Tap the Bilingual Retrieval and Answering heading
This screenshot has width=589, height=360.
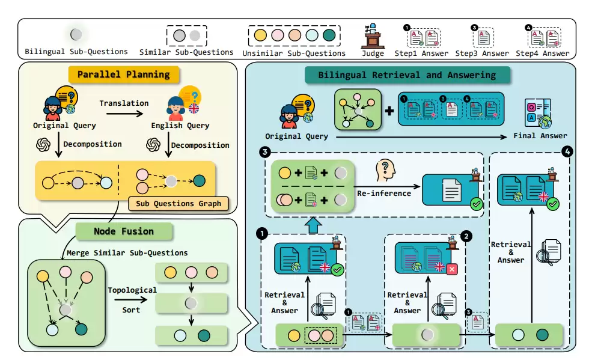coord(407,75)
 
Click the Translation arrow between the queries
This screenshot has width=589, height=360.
coord(123,113)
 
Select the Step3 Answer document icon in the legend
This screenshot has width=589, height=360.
coord(482,38)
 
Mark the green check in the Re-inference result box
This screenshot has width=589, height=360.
coord(477,204)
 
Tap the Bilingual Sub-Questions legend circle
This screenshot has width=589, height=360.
coord(76,35)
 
